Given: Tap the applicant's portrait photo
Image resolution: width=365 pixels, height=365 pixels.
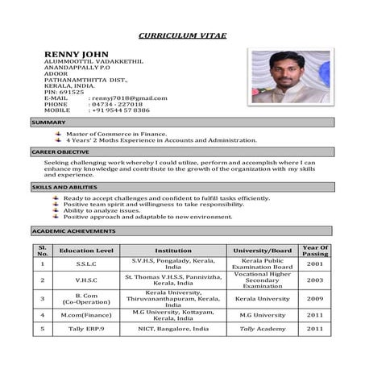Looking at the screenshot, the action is (289, 77).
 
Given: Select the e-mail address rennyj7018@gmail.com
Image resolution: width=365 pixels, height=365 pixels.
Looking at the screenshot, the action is (128, 98).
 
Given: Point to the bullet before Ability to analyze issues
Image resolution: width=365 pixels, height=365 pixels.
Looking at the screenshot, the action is (56, 211).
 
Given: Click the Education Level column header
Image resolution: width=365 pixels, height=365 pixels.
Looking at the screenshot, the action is (86, 251).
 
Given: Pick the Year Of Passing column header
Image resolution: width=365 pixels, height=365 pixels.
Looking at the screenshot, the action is (315, 251).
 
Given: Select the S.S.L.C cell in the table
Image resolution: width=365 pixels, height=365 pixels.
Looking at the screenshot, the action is (86, 264).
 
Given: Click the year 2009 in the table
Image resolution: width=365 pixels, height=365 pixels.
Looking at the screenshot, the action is (315, 298).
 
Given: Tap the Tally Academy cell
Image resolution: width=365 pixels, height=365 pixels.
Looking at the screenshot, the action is (262, 329).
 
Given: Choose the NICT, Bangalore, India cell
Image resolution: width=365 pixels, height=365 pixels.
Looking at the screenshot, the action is (173, 329).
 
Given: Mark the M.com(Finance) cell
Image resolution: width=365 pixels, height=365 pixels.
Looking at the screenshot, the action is (86, 314).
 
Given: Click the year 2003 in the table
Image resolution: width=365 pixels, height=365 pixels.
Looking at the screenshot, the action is (315, 280).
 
